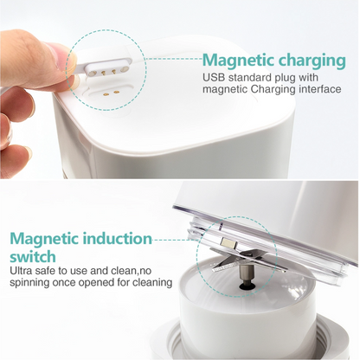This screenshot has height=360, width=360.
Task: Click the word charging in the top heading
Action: click(312, 61)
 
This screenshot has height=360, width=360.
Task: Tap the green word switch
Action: click(33, 256)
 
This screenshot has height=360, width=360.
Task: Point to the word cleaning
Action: click(152, 283)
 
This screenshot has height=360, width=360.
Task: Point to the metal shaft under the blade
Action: click(247, 274)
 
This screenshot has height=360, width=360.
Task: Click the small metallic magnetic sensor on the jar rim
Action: click(228, 243)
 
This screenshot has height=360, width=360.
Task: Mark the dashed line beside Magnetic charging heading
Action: click(173, 59)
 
